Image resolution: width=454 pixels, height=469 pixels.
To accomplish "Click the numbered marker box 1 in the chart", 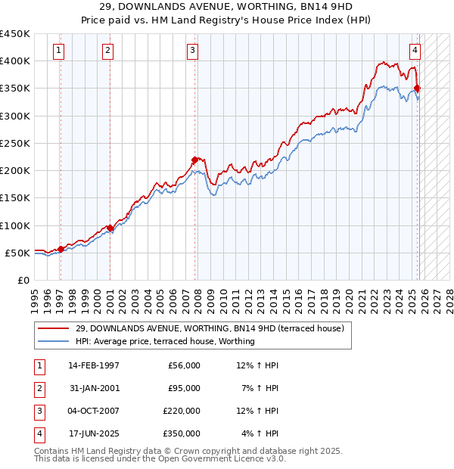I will coord(59,51).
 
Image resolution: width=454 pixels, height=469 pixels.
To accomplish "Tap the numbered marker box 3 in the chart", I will coord(193,51).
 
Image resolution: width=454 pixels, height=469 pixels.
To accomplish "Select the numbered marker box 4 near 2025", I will coord(415,51).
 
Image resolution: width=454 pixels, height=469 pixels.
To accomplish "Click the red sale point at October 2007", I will coord(195,160).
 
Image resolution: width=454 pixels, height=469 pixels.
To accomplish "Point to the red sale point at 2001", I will coord(110,228).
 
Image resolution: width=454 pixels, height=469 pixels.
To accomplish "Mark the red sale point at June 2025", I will coord(418,89).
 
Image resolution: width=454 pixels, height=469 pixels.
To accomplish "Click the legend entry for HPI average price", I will coord(165,341).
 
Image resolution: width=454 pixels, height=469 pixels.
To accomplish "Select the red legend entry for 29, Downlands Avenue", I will coord(210,328).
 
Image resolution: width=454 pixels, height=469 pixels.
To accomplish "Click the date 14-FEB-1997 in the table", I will coord(94,365).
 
